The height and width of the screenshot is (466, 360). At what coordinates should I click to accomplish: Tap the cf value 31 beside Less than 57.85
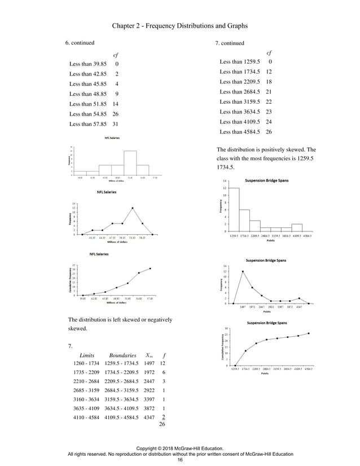115,124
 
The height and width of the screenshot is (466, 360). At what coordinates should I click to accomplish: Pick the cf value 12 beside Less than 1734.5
269,72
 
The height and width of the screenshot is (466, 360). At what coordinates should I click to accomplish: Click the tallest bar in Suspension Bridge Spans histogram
234,209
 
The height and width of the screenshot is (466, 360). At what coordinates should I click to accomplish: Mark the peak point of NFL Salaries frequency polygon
133,208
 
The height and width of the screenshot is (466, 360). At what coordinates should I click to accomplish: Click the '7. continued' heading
230,43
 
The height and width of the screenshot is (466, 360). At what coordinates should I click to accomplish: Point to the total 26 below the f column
164,424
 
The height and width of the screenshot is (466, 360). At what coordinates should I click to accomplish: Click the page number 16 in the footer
180,460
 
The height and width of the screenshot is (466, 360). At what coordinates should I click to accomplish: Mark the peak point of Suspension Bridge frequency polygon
243,271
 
